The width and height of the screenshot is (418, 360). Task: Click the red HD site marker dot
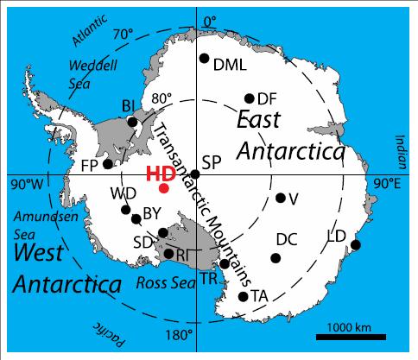[164, 187]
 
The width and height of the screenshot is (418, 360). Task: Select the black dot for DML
[204, 59]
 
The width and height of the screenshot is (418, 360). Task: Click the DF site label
[267, 98]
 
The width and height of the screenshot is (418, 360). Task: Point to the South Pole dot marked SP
[195, 174]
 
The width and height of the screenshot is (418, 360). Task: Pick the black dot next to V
[280, 198]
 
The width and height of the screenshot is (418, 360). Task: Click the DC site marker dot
[275, 257]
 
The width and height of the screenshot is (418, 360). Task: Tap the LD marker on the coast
[355, 244]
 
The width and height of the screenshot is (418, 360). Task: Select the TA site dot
[243, 296]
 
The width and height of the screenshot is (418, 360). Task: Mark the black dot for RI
[168, 254]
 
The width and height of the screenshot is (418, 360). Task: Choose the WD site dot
[126, 209]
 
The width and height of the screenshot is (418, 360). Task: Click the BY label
[152, 212]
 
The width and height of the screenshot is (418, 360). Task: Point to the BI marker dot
[132, 122]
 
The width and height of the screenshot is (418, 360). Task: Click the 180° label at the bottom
[178, 335]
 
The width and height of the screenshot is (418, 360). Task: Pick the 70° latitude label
[123, 35]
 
